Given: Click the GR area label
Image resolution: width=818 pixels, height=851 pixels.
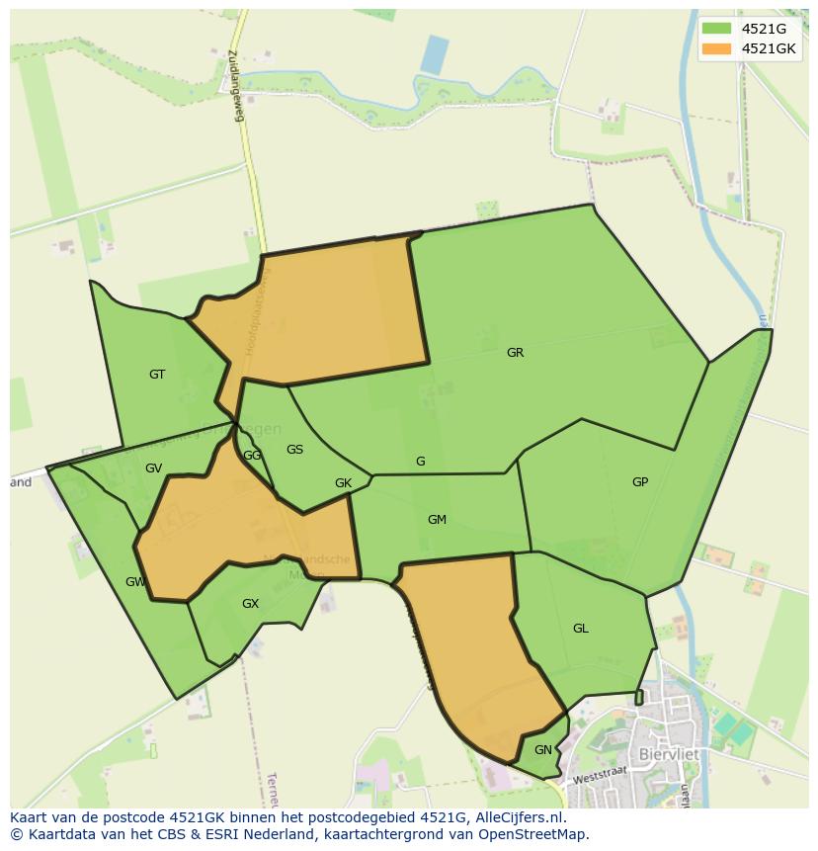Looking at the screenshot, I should pyautogui.click(x=515, y=353).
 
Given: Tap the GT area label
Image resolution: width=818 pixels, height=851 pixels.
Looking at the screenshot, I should pyautogui.click(x=157, y=375).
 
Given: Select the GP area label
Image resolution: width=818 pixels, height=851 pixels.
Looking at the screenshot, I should pyautogui.click(x=640, y=482).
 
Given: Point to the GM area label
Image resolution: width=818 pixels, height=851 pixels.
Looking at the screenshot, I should pyautogui.click(x=437, y=520).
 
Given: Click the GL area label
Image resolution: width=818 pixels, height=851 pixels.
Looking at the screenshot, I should pyautogui.click(x=580, y=629).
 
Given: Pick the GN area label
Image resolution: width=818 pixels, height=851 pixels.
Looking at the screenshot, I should pyautogui.click(x=542, y=750).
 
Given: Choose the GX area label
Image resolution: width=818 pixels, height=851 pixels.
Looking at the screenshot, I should pyautogui.click(x=250, y=604).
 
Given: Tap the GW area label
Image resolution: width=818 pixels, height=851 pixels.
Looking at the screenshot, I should pyautogui.click(x=135, y=582).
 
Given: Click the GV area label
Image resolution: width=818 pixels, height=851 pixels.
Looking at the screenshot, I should pyautogui.click(x=153, y=468).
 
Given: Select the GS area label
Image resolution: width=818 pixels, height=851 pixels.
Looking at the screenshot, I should pyautogui.click(x=294, y=450).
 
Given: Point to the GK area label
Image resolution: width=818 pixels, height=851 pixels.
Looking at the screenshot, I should pyautogui.click(x=343, y=483).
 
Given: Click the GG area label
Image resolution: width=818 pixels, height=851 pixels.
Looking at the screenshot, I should pyautogui.click(x=252, y=456).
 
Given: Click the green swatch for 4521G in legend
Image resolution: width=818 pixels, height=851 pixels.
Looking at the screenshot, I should pyautogui.click(x=716, y=28).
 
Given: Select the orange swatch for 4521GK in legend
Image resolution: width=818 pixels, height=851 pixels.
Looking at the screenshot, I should pyautogui.click(x=716, y=48).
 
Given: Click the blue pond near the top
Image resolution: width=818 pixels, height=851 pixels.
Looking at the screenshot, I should pyautogui.click(x=434, y=54).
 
